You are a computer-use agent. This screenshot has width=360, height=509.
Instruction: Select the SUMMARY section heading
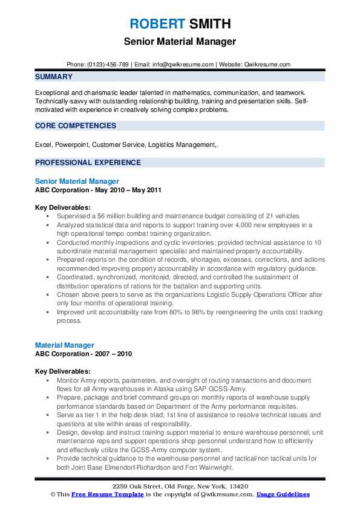point(54,77)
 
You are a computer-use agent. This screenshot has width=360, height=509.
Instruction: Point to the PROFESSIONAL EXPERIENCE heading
point(88,162)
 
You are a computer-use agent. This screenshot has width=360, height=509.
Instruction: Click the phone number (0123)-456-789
point(110,64)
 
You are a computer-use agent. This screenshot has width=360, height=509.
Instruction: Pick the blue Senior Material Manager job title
point(77,181)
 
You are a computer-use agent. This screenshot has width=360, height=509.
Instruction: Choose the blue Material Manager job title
point(64,346)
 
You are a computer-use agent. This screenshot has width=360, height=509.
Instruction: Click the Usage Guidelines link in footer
point(283,494)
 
